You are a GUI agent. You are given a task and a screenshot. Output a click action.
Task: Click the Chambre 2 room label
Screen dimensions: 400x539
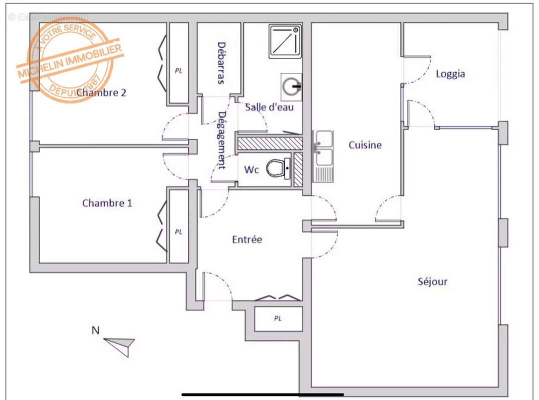(x=101, y=92)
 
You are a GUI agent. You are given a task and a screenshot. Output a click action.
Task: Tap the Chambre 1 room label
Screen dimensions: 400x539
(x=107, y=203)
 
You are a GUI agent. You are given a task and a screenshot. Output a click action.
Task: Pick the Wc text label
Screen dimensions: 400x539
(x=251, y=170)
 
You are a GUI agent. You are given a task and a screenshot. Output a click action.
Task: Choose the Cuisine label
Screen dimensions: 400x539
(x=365, y=145)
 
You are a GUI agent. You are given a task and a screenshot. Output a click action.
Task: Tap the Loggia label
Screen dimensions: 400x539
(x=450, y=74)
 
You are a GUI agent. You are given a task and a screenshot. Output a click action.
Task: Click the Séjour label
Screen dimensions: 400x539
(x=432, y=281)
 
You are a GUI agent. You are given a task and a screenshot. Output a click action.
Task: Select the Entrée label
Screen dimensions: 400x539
(x=247, y=239)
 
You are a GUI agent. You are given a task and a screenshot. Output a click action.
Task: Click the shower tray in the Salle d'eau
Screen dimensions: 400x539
(x=285, y=40)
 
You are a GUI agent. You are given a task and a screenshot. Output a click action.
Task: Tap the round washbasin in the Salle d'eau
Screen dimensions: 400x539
(x=291, y=86)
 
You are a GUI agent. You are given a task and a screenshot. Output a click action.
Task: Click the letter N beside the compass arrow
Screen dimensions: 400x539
(x=95, y=330)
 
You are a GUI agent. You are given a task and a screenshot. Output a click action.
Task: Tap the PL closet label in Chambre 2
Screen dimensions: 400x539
(x=178, y=71)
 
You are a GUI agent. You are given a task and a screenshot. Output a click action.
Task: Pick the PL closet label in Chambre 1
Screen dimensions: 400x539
(x=178, y=232)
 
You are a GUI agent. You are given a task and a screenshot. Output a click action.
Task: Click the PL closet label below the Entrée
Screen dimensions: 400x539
(x=278, y=318)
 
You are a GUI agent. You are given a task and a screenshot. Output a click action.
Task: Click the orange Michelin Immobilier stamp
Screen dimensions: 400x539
(x=70, y=60)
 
